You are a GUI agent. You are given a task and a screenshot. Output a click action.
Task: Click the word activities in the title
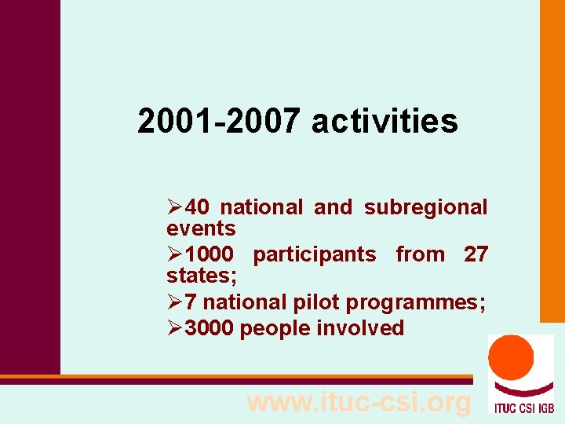[385, 122]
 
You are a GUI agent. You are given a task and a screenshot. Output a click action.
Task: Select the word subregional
[425, 207]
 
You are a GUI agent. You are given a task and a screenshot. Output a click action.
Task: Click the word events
[201, 228]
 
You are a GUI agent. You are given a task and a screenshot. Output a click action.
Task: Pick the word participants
[314, 254]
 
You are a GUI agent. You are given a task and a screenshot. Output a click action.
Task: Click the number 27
[476, 254]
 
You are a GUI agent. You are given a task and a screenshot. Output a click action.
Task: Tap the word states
[200, 276]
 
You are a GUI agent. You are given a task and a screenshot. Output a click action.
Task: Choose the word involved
[360, 328]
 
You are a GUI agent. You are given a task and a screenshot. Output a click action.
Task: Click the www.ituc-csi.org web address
[359, 402]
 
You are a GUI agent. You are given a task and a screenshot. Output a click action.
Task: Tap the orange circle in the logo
[511, 359]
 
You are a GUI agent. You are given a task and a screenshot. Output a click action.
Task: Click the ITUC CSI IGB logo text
[521, 407]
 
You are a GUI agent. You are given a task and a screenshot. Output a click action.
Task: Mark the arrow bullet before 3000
[175, 328]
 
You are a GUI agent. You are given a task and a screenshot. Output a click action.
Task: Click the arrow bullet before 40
[175, 207]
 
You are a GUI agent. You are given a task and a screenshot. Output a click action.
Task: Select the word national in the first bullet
[261, 207]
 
